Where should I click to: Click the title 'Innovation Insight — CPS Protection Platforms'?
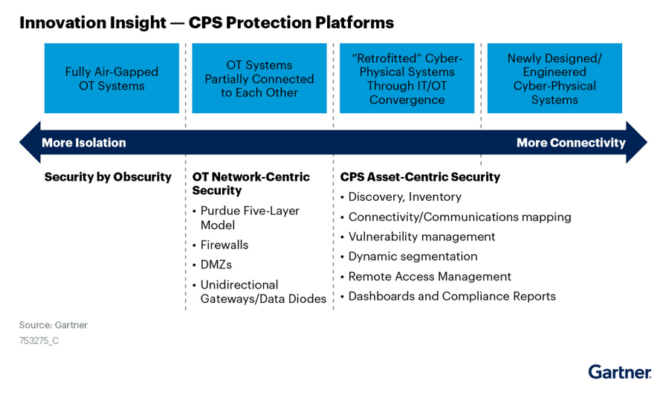pyautogui.click(x=206, y=23)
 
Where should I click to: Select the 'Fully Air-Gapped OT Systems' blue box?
pyautogui.click(x=111, y=79)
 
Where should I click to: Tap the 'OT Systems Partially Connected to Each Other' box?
pyautogui.click(x=259, y=79)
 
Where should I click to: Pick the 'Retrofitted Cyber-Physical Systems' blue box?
pyautogui.click(x=407, y=79)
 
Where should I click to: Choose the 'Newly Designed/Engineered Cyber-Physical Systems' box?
pyautogui.click(x=554, y=79)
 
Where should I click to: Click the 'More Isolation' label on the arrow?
pyautogui.click(x=84, y=143)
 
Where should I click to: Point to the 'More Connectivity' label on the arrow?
pyautogui.click(x=571, y=143)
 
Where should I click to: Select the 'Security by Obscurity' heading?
pyautogui.click(x=108, y=177)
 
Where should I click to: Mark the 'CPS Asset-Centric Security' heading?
pyautogui.click(x=420, y=177)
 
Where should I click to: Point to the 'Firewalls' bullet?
pyautogui.click(x=224, y=245)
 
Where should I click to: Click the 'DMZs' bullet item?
pyautogui.click(x=216, y=265)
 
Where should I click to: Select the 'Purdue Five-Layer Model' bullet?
pyautogui.click(x=250, y=218)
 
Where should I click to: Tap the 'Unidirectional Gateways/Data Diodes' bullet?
pyautogui.click(x=263, y=292)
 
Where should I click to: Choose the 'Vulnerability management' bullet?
pyautogui.click(x=421, y=237)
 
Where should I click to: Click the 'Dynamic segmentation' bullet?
pyautogui.click(x=413, y=257)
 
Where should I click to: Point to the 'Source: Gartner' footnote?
pyautogui.click(x=54, y=325)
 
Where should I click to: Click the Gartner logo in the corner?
pyautogui.click(x=619, y=372)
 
